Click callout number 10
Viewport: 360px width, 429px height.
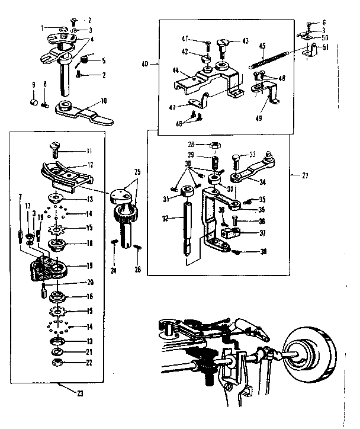(104, 101)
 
